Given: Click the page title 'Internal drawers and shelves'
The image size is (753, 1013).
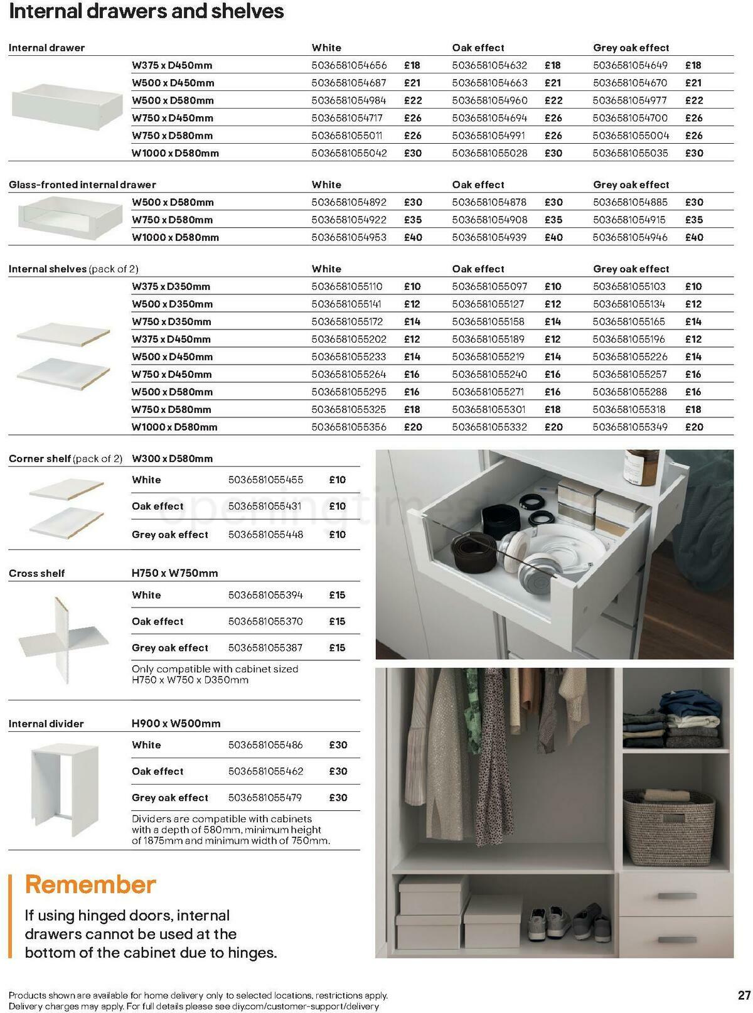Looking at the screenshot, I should point(146,12).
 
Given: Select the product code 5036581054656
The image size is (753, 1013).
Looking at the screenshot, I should point(349,65).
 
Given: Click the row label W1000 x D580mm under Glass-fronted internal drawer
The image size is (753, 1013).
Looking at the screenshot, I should point(175,237).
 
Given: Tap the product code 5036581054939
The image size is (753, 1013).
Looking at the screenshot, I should point(489,237).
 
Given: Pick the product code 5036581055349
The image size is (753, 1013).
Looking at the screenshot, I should point(630,427).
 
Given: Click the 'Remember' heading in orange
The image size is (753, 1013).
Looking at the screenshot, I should point(90,884).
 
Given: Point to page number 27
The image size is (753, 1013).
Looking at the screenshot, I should point(744,995).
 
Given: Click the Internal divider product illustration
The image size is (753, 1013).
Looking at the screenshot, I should point(65,790).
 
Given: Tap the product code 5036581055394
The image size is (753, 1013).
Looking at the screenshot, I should point(265,595).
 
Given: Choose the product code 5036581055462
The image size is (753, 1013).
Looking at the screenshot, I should point(265,771).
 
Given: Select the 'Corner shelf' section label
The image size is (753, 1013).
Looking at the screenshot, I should point(40,459).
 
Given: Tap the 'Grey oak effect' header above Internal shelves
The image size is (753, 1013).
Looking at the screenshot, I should point(631,269).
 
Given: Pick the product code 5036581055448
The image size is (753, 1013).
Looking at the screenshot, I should point(265,535).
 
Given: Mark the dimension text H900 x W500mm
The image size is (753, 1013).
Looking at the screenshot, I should point(176,724).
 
